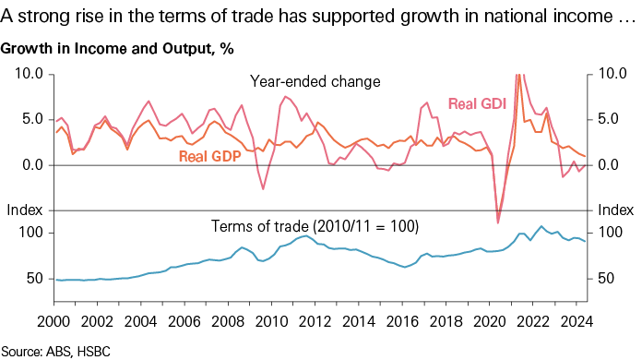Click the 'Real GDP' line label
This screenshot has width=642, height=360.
[208, 156]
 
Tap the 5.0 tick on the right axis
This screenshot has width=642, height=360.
[613, 119]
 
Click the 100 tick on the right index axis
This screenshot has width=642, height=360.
[610, 233]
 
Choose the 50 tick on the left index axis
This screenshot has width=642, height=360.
[32, 278]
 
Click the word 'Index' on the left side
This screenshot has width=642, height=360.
[22, 211]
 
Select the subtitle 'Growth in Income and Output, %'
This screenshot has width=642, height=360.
[116, 49]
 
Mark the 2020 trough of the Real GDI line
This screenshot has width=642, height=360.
[498, 222]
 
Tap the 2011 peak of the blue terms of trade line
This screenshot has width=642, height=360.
[303, 237]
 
